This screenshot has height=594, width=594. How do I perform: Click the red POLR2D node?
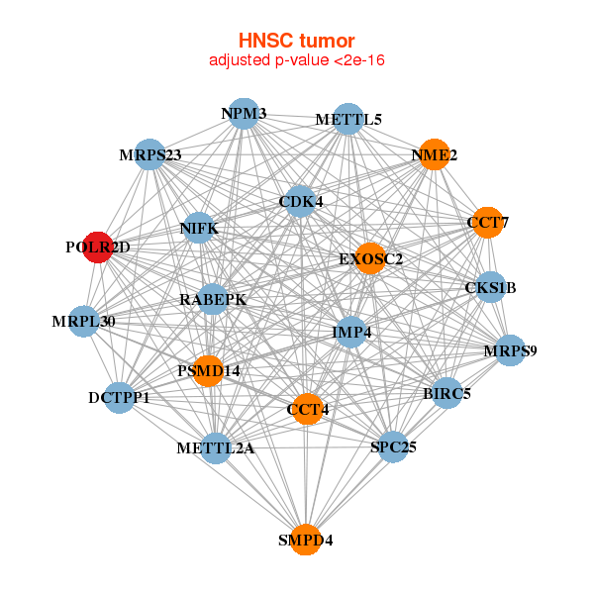[x=97, y=247]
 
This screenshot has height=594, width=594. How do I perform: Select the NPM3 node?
[x=244, y=113]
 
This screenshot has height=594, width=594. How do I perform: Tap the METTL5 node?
[x=347, y=119]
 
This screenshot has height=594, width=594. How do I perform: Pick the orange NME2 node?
[x=434, y=154]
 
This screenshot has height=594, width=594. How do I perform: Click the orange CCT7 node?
[x=487, y=223]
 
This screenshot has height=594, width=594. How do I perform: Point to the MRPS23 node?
[x=149, y=154]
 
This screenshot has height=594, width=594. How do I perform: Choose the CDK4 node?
[x=300, y=202]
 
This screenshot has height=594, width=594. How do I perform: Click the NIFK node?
[x=199, y=229]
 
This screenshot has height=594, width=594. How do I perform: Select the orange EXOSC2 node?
[x=370, y=259]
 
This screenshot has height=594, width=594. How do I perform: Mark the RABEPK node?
[x=213, y=299]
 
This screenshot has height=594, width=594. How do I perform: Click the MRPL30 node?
[x=84, y=321]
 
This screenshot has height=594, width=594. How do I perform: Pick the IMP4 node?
[x=351, y=332]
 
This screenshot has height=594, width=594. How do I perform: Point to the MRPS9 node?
[x=510, y=350]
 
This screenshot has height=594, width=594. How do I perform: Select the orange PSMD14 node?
[x=208, y=370]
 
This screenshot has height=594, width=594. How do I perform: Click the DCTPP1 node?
[x=119, y=397]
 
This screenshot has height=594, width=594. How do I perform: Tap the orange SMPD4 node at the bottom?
[x=306, y=540]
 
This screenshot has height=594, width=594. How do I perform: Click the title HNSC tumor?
[x=296, y=41]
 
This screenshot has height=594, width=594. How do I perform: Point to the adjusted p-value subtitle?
[x=296, y=60]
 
